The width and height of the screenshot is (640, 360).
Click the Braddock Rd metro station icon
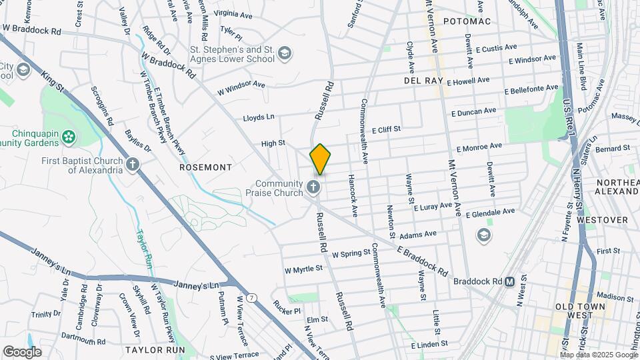pyautogui.click(x=509, y=281)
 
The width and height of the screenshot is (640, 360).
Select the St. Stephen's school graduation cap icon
pyautogui.click(x=285, y=53)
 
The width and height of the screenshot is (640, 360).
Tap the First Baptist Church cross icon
pyautogui.click(x=133, y=164)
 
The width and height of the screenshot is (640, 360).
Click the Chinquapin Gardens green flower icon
pyautogui.click(x=67, y=137)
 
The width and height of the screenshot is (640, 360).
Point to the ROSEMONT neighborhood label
pyautogui.click(x=205, y=167)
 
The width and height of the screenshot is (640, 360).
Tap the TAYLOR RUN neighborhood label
pyautogui.click(x=154, y=349)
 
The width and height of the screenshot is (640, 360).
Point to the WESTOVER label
pyautogui.click(x=602, y=219)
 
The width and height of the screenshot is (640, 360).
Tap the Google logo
pyautogui.click(x=21, y=351)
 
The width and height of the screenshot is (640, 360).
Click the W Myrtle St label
pyautogui.click(x=303, y=269)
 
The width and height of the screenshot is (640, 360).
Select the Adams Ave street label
pyautogui.click(x=418, y=234)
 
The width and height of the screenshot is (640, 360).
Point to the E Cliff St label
pyautogui.click(x=386, y=129)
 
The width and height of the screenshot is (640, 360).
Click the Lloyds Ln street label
pyautogui.click(x=259, y=117)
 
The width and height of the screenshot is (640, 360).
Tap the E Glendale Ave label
pyautogui.click(x=491, y=213)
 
